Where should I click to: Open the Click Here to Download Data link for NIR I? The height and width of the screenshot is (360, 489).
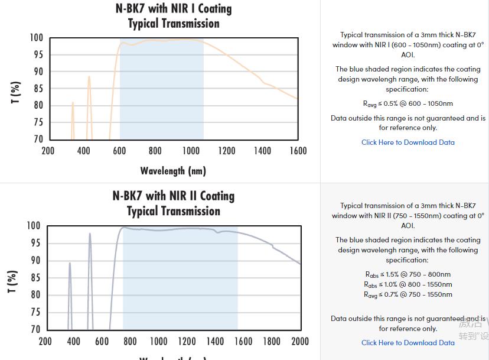pos(407,142)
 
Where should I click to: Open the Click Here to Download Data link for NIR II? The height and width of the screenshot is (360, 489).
pos(407,342)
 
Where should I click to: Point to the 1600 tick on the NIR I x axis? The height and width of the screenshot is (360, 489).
pos(298,151)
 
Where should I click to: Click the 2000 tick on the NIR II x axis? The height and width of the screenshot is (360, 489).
pos(300,341)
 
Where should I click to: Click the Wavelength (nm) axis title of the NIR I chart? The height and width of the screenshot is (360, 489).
pos(173,171)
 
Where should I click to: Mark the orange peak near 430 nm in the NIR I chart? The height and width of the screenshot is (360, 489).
pos(89,77)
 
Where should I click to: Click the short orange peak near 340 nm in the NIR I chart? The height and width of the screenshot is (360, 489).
pos(73,103)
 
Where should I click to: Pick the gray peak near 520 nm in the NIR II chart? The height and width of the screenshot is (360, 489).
pos(90,234)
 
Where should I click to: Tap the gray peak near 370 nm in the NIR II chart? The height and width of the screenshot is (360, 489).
pos(70,264)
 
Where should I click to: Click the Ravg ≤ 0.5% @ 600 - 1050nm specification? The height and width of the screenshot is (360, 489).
pos(407,103)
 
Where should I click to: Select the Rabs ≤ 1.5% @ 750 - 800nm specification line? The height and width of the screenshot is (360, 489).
pos(407,274)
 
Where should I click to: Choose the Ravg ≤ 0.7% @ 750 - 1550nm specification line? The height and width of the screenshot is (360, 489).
pos(407,294)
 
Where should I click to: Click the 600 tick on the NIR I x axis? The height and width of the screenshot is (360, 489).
pos(119,151)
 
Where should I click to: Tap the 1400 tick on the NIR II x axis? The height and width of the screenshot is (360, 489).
pos(215,341)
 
